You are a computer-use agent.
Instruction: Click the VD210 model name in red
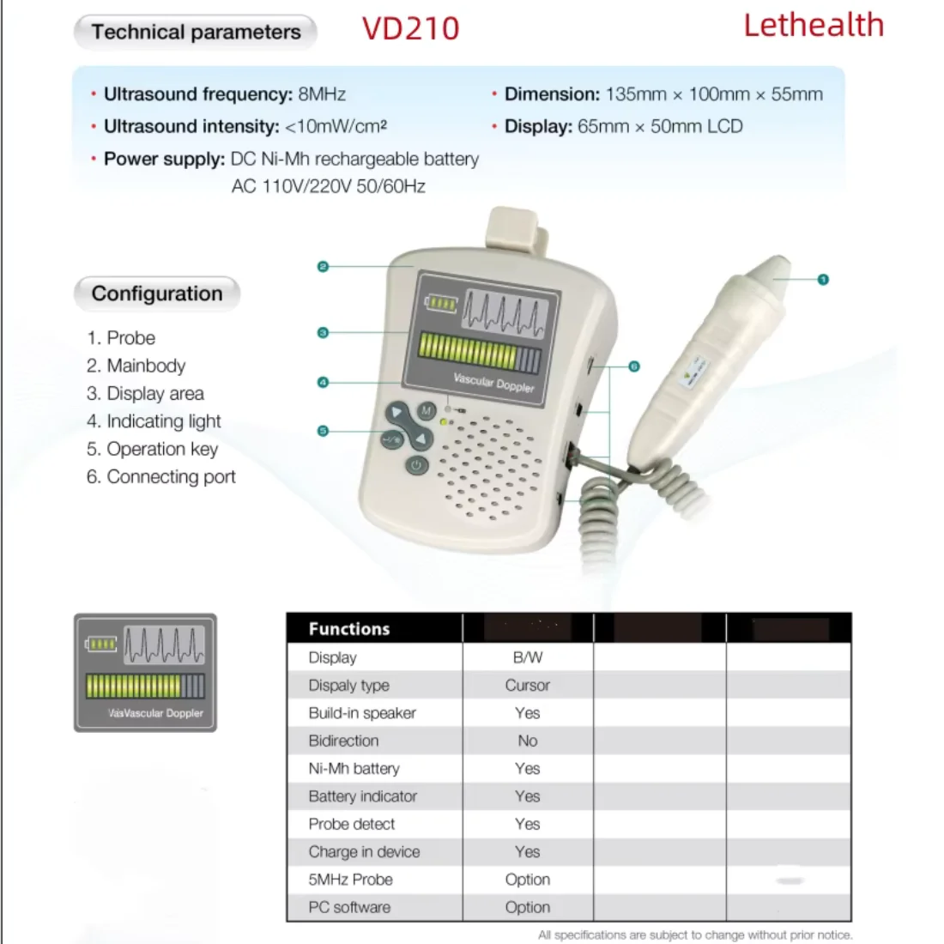410,28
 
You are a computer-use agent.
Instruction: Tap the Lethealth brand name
813,25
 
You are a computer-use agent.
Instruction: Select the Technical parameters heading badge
196,33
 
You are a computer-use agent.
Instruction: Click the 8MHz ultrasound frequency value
322,94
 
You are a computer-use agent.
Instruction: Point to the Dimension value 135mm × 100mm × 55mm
713,94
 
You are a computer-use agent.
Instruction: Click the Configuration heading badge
157,293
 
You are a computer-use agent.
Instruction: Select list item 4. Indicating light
154,421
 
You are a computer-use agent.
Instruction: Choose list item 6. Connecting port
161,477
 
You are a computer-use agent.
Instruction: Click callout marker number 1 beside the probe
823,280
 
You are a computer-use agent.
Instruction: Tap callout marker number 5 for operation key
323,431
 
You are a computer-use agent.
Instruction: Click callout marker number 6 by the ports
634,366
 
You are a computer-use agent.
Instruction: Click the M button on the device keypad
427,411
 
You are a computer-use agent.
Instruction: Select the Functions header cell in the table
349,629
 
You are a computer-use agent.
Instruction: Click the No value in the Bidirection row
527,741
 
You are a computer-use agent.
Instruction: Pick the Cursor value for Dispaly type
527,686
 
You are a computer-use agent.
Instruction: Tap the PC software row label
349,907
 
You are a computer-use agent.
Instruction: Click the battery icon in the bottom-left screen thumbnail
101,644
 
